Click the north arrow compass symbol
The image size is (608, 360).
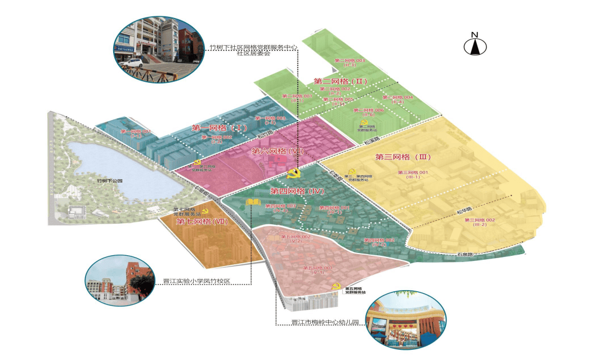coord(475,45)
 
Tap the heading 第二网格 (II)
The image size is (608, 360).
coord(340,81)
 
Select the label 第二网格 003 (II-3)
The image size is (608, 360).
coord(350,63)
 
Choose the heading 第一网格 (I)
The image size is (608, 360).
coord(220,128)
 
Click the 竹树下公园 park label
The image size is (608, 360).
coord(109,181)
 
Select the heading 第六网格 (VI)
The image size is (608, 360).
coord(278,151)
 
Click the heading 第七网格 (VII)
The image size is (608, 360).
coord(202,221)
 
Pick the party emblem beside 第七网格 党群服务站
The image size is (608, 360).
coord(205,211)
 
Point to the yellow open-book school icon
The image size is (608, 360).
coord(253,202)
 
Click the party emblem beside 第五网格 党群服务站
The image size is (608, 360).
coord(337,288)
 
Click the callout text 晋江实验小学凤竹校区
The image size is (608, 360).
coord(198,281)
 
